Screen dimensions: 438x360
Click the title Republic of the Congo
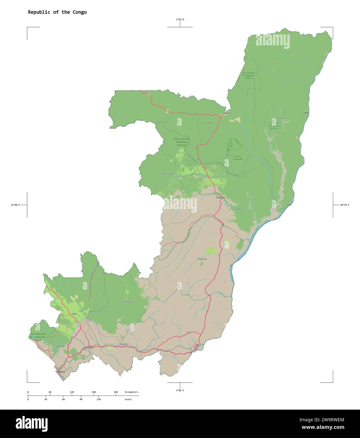(x=57, y=12)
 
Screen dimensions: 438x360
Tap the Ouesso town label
(x=226, y=113)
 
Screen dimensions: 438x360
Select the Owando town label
(x=220, y=198)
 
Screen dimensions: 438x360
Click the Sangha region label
(x=209, y=122)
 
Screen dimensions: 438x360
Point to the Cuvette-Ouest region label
(x=166, y=174)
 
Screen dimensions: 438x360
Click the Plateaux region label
(x=202, y=259)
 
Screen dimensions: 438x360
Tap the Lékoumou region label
(x=129, y=302)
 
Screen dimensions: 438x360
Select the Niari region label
(x=75, y=314)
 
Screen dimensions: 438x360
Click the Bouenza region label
(x=124, y=344)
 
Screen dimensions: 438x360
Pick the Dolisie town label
(x=90, y=348)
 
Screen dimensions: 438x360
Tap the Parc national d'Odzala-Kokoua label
(x=182, y=142)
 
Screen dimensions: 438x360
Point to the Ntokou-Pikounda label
(x=238, y=158)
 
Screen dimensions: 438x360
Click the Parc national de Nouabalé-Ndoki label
(x=248, y=75)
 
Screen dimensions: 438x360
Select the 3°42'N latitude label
(x=180, y=20)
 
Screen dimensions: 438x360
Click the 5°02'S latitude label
(x=180, y=390)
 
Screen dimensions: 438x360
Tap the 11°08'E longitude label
(x=15, y=205)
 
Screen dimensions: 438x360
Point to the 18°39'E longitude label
(x=344, y=205)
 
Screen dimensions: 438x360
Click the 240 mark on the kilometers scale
(x=116, y=392)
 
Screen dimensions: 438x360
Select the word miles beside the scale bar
(x=128, y=399)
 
